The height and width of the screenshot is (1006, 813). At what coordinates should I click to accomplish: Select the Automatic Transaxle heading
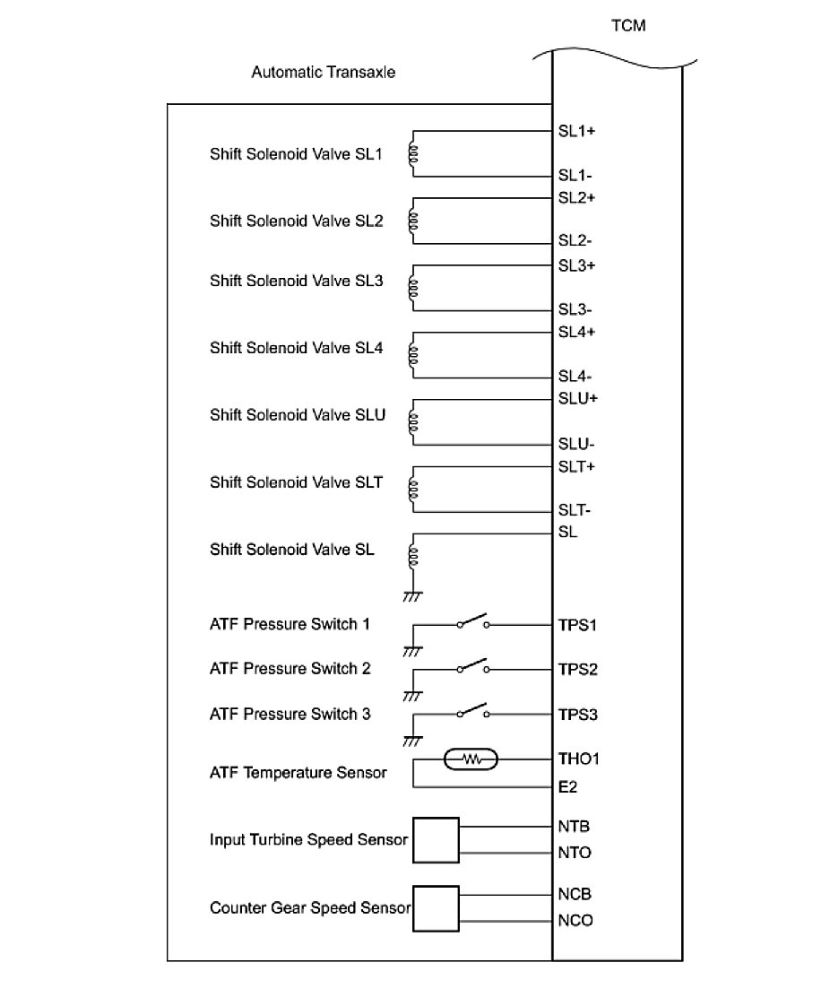(x=323, y=72)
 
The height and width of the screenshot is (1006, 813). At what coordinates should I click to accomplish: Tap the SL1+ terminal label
(x=577, y=131)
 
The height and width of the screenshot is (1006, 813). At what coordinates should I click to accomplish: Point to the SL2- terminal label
(x=575, y=240)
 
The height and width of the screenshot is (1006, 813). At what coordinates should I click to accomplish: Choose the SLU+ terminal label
(x=578, y=399)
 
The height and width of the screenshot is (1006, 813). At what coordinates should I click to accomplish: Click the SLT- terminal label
(x=575, y=510)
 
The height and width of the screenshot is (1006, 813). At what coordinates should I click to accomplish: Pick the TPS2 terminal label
(x=578, y=670)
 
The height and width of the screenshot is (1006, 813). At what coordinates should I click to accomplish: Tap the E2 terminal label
(x=567, y=786)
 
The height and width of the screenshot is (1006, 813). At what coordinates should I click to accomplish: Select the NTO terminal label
(x=575, y=853)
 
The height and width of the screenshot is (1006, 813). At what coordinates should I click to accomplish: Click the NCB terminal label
(x=575, y=894)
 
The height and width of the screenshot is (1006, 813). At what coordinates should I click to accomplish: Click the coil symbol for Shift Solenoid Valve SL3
(x=412, y=288)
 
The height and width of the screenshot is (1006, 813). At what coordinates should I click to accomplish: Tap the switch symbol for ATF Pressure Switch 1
(x=472, y=622)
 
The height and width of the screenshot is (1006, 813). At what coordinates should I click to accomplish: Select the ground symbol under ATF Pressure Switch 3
(x=412, y=741)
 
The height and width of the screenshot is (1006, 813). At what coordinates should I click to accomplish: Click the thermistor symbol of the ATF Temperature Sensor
(x=471, y=759)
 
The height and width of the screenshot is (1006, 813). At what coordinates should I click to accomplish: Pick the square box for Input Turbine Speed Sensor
(x=436, y=840)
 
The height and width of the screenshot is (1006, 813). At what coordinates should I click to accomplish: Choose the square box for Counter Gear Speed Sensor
(x=436, y=908)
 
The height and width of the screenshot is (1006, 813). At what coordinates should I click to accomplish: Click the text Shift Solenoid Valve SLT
(x=296, y=482)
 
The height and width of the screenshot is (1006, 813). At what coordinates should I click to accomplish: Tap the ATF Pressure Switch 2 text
(x=290, y=669)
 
